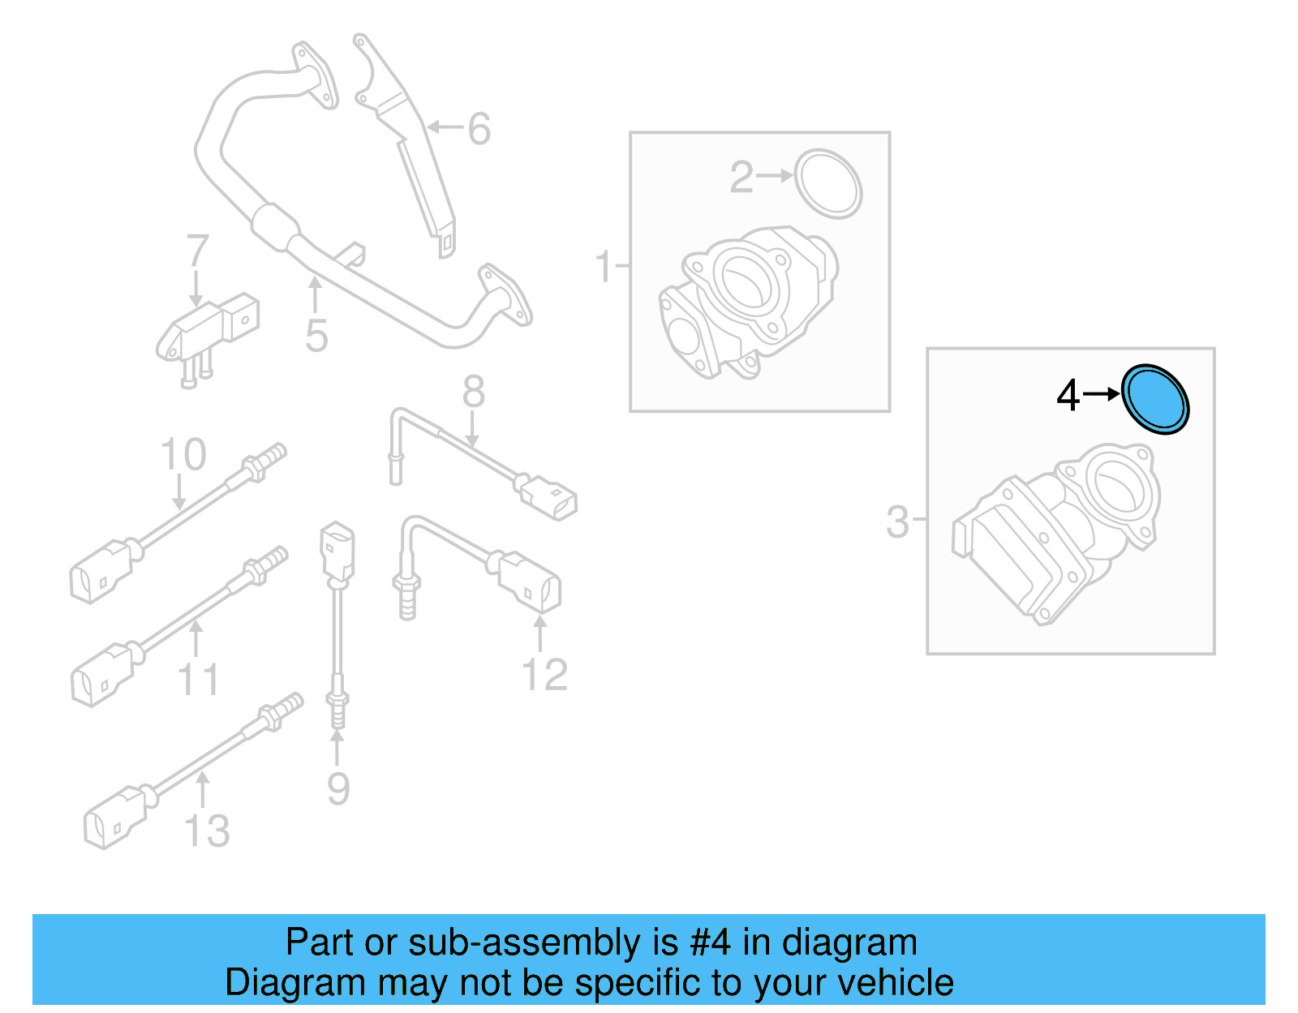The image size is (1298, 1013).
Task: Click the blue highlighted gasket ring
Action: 1155,399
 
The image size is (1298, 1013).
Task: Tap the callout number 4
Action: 1068,396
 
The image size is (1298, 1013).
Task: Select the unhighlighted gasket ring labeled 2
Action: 827,183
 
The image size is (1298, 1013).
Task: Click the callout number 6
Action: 479,129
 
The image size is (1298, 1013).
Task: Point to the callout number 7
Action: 197,251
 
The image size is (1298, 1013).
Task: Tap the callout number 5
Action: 316,336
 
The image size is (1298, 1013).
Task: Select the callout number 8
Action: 473,393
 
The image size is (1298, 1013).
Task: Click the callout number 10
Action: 183,454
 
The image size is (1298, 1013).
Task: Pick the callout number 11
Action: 198,680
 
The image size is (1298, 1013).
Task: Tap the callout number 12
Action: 544,675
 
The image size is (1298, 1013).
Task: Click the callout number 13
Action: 207,831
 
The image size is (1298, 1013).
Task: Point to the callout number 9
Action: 338,788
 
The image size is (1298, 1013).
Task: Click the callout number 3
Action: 897,522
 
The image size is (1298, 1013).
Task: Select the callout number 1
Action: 604,266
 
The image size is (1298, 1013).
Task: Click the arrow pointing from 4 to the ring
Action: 1101,394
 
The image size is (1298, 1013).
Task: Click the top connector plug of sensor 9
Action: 337,551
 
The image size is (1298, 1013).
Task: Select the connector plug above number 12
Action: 529,582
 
